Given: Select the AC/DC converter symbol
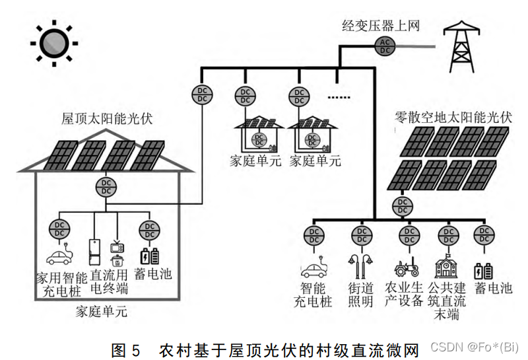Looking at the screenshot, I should click(384, 46).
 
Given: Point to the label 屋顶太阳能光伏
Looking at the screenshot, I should click(106, 119).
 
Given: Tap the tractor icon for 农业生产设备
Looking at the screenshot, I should click(407, 268).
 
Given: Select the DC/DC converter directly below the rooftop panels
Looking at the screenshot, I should click(105, 186).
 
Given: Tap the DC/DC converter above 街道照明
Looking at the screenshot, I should click(360, 236).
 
